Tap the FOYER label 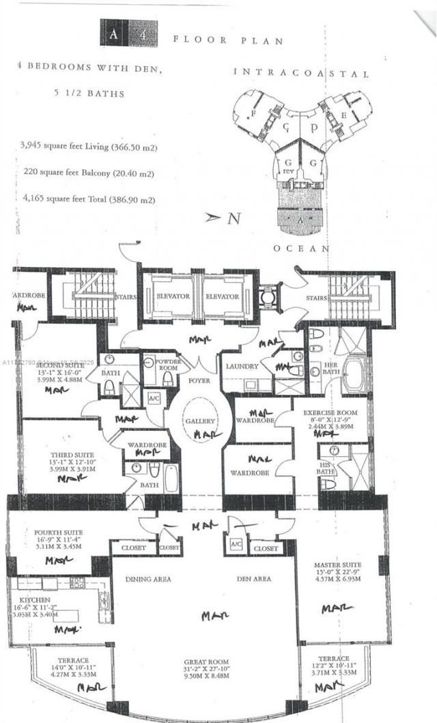pos(199,380)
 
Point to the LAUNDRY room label pos(242,367)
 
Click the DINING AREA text pos(148,579)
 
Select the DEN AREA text pos(253,579)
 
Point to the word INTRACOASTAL pos(301,73)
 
